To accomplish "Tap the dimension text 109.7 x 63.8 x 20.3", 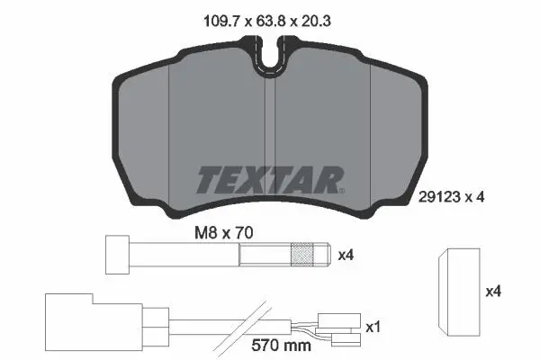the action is point(267,22).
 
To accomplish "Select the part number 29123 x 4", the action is point(451,197).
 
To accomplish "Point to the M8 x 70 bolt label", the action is point(224,233).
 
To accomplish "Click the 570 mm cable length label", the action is point(281,346).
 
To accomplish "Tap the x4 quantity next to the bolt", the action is point(346,256).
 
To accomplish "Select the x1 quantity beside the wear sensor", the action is point(373,327).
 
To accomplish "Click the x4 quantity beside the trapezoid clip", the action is point(493,292).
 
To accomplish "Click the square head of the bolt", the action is point(117,255).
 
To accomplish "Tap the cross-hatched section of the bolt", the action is point(302,255).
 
